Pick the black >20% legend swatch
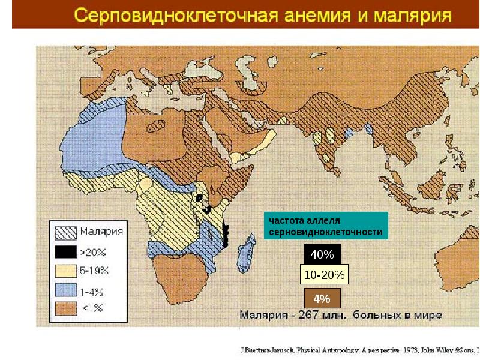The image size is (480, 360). click(x=65, y=251)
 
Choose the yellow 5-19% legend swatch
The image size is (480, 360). click(x=65, y=271)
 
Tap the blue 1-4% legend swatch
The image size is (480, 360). click(x=65, y=292)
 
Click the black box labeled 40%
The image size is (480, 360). click(x=322, y=255)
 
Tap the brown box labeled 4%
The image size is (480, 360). click(x=322, y=298)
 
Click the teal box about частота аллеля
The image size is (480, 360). click(x=326, y=226)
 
